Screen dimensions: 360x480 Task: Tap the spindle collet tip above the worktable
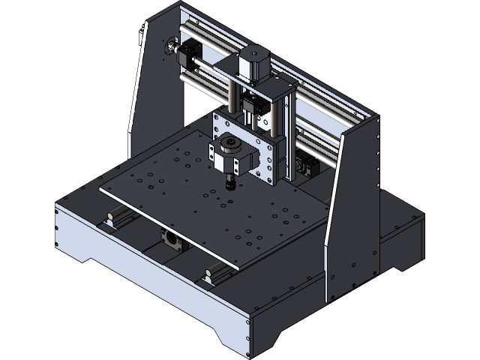point(230,182)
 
